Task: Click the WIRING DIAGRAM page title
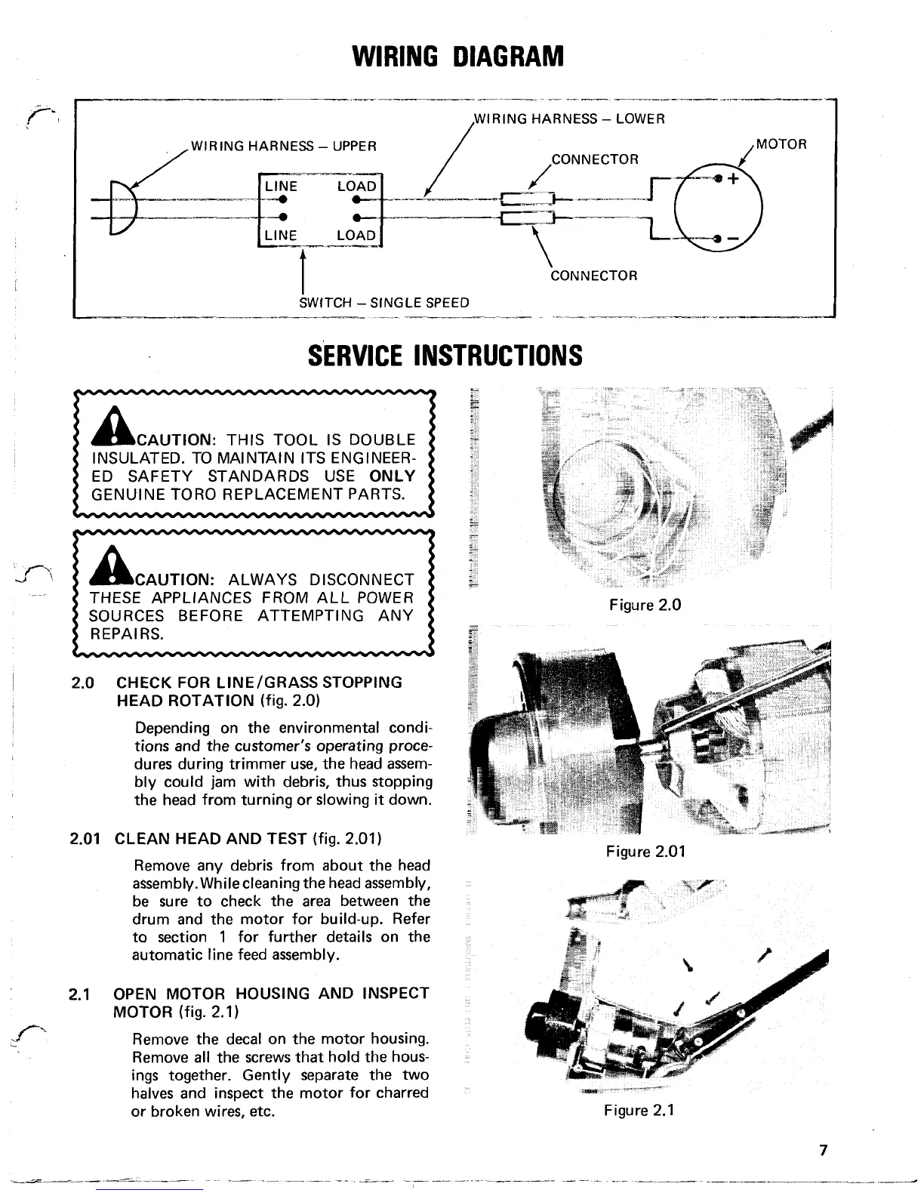tap(459, 55)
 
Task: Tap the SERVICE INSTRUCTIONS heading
tap(445, 355)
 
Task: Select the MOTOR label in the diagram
tap(781, 143)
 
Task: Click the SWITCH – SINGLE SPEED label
tap(384, 303)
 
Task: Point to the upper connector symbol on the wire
tap(528, 200)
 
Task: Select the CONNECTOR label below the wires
tap(594, 276)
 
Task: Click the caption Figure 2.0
tap(645, 605)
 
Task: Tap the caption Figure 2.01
tap(645, 852)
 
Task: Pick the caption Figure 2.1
tap(638, 1110)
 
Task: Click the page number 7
tap(823, 1151)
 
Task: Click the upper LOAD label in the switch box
tap(356, 186)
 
